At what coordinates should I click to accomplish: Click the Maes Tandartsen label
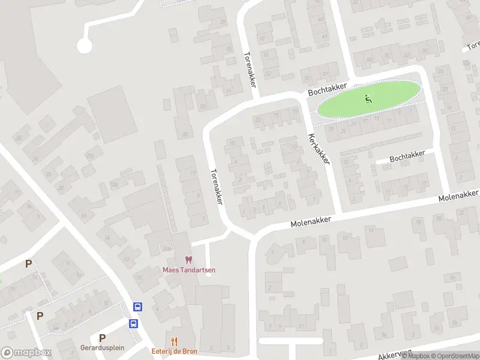(x=189, y=269)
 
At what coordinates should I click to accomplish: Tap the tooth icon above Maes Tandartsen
(x=189, y=260)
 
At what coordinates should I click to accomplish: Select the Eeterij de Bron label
(x=174, y=350)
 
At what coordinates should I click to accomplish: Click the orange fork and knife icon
(x=175, y=341)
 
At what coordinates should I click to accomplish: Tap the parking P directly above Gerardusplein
(x=102, y=338)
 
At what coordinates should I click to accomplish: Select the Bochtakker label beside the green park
(x=328, y=89)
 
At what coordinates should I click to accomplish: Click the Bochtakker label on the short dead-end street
(x=407, y=155)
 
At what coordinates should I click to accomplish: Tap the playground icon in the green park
(x=368, y=98)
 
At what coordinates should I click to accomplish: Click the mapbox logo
(x=26, y=353)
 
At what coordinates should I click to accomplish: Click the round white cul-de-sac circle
(x=84, y=46)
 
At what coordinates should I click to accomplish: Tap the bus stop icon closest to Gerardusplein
(x=133, y=323)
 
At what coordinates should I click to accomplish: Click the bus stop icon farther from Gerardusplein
(x=138, y=307)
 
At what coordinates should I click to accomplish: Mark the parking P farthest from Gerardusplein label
(x=28, y=263)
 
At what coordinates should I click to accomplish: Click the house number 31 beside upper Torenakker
(x=229, y=91)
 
